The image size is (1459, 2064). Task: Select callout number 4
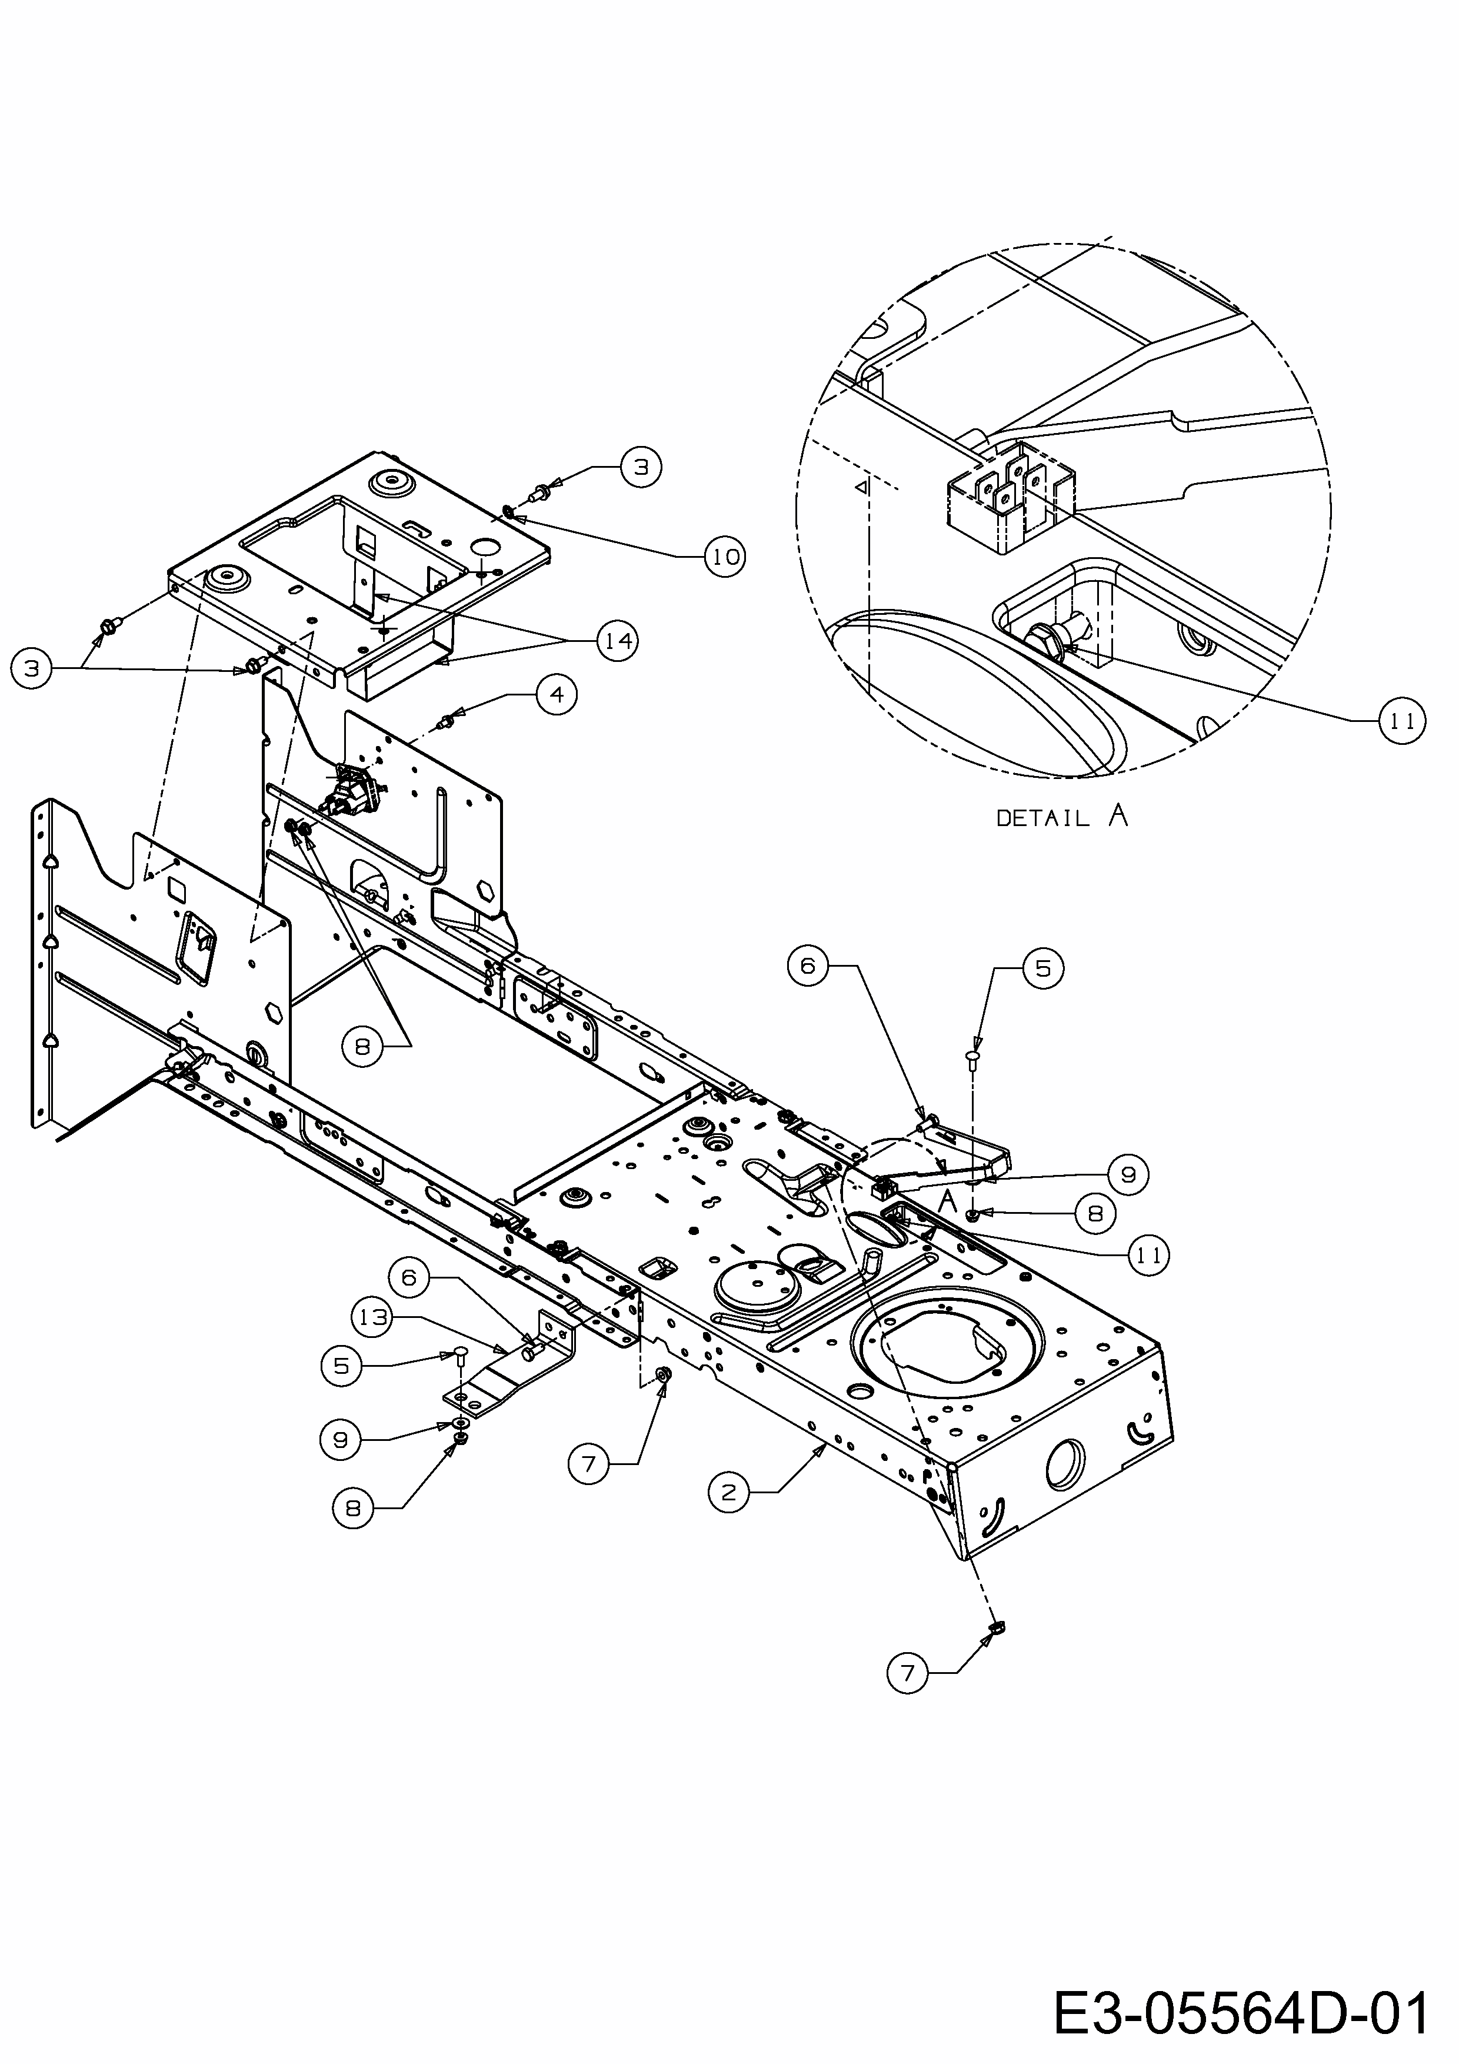click(557, 695)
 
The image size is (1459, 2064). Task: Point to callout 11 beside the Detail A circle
click(1403, 720)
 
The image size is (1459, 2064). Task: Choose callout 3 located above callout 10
click(641, 467)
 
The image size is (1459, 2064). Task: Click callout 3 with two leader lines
click(32, 670)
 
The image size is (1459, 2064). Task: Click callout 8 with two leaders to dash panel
click(362, 1046)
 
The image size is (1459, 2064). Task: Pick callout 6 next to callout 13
click(410, 1277)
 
